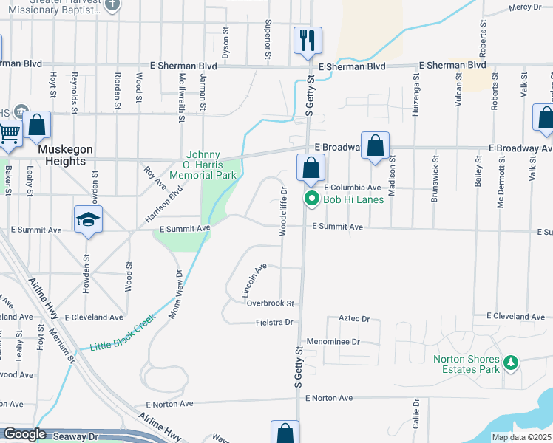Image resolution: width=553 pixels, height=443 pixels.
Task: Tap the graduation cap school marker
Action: pos(88,220)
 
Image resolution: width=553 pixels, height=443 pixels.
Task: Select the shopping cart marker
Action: pos(8,134)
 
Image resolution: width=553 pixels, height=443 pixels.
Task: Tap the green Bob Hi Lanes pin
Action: pos(312,199)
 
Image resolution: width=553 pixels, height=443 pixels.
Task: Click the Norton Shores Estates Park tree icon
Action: pos(510,363)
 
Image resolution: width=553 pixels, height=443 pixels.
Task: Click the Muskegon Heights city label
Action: pos(65,154)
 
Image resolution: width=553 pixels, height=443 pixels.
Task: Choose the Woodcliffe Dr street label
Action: pos(283,211)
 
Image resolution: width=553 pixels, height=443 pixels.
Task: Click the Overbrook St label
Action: pos(271,303)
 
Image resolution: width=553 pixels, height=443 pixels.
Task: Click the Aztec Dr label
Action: pos(353,318)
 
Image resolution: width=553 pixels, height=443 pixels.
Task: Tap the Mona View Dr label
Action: pos(176,294)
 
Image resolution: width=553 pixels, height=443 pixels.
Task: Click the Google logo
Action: pos(24,435)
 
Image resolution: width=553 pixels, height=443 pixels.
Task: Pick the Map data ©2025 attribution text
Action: pos(521,437)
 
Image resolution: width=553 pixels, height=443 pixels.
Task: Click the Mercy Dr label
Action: pos(526,8)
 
